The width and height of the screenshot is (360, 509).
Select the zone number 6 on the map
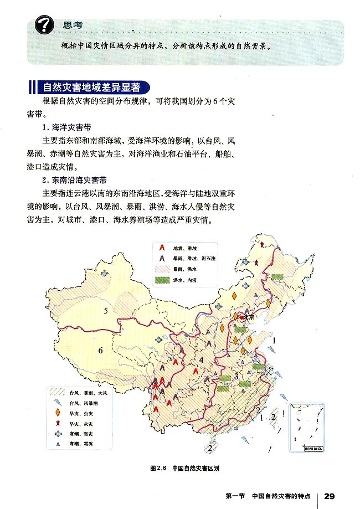(101, 350)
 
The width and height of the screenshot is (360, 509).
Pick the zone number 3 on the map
(236, 377)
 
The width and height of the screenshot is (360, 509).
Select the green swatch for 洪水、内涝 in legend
(161, 280)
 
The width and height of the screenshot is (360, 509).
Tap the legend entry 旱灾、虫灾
(84, 413)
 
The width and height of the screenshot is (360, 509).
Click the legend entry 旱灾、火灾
(84, 424)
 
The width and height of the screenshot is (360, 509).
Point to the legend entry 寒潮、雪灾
(84, 434)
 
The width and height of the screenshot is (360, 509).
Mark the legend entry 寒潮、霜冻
(84, 444)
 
